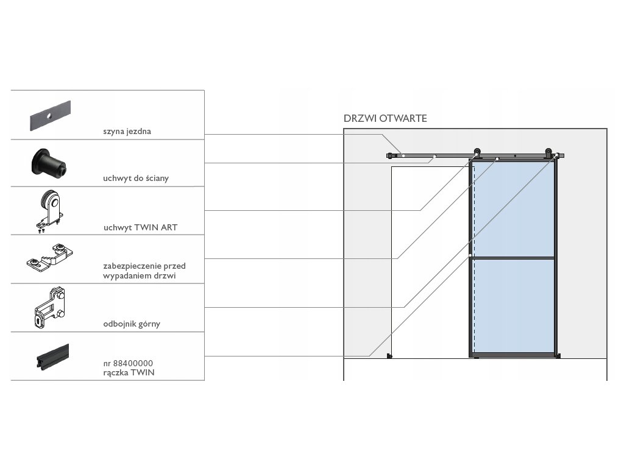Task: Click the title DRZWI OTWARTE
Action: (x=385, y=118)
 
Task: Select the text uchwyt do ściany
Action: (x=136, y=179)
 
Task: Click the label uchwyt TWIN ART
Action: (x=140, y=227)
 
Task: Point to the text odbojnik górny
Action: (x=132, y=324)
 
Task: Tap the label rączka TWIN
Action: (x=129, y=372)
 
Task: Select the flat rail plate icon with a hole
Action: (x=51, y=115)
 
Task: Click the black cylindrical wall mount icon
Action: (x=51, y=163)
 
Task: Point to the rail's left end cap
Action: (x=388, y=156)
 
